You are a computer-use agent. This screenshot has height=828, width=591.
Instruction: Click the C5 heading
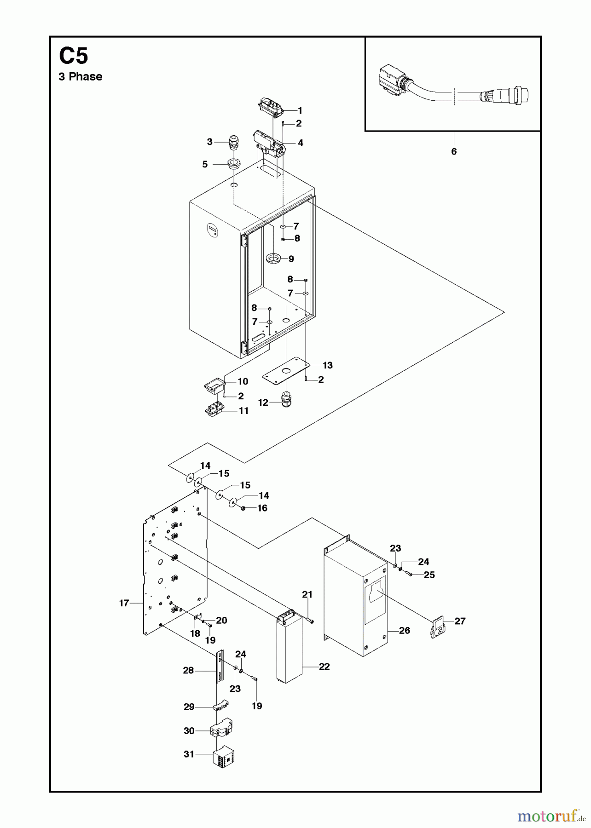pos(73,57)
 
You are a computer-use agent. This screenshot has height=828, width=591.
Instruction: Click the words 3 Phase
pos(81,77)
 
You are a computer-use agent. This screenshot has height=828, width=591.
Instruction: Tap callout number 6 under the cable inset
pos(453,152)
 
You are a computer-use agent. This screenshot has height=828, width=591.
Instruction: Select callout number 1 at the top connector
pos(300,111)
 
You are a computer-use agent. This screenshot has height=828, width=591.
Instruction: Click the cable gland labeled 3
pos(234,142)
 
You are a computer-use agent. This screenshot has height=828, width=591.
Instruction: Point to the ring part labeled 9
pos(273,258)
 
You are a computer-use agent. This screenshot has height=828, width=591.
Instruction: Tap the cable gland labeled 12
pos(286,399)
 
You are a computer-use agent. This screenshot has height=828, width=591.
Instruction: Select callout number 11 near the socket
pos(243,411)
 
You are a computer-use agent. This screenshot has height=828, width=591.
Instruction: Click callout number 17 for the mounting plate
pos(124,603)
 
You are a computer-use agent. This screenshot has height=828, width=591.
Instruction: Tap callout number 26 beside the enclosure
pos(404,631)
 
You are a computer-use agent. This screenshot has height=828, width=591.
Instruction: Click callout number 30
pos(189,730)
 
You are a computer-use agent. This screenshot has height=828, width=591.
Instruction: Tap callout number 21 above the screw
pos(307,595)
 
